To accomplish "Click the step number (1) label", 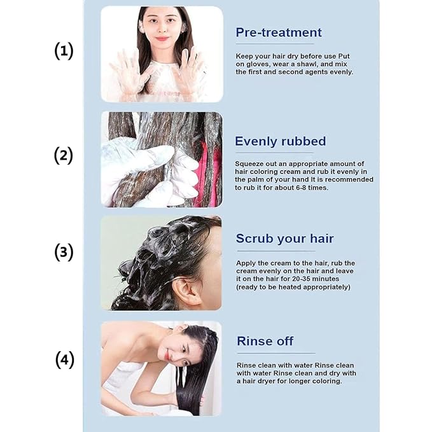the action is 64,51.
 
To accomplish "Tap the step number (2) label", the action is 64,155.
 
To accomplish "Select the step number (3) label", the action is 64,252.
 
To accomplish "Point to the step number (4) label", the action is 65,359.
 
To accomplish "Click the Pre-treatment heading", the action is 279,32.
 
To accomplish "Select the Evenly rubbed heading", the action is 280,141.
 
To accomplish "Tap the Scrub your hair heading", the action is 284,239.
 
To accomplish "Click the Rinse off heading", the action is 265,341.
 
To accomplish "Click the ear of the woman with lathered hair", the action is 186,291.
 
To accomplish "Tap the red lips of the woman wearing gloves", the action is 162,39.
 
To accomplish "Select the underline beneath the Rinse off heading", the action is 276,353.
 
